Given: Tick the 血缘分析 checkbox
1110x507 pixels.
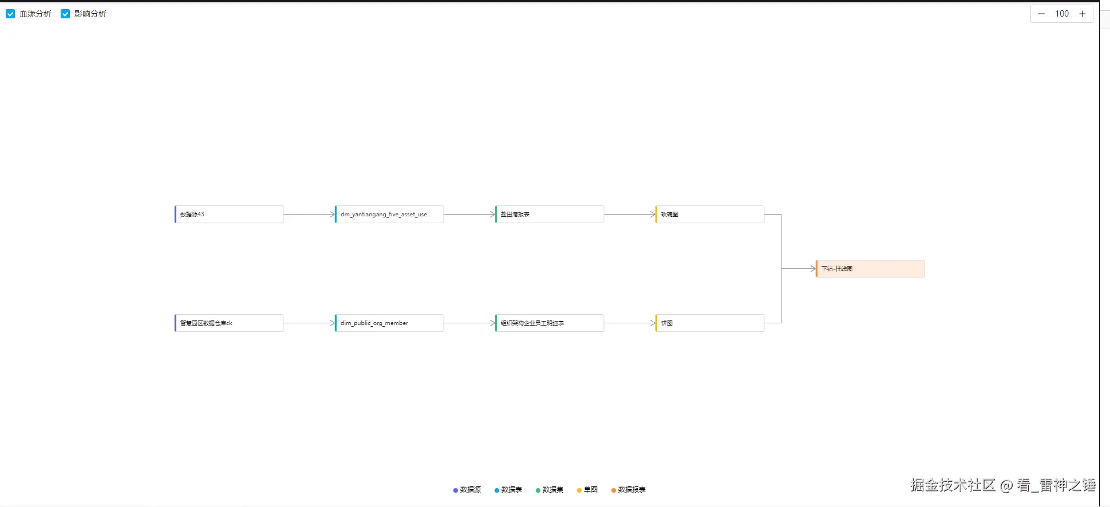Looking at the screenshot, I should tap(10, 14).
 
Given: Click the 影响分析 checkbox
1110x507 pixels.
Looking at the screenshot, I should tap(65, 14).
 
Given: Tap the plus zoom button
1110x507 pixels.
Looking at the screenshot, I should tap(1083, 14).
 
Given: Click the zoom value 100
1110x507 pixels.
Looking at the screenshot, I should tap(1062, 14).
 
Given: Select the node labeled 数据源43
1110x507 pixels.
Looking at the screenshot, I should tap(229, 215).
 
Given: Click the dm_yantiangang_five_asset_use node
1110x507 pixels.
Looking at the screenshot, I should tap(389, 215).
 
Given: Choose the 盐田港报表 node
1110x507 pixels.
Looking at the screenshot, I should tap(550, 215).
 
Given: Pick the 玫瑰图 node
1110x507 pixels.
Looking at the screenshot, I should tap(710, 215).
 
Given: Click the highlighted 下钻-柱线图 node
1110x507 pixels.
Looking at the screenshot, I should tap(870, 269).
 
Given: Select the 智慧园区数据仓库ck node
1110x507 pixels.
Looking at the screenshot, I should tap(229, 323).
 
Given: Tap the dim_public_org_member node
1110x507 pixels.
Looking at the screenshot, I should tap(389, 323).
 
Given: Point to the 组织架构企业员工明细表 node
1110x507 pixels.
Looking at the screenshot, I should tap(550, 323).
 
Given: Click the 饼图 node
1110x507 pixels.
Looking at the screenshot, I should tap(710, 323).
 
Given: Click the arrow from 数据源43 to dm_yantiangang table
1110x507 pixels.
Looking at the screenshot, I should tap(309, 215).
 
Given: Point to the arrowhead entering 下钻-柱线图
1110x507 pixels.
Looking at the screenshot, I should tap(813, 269).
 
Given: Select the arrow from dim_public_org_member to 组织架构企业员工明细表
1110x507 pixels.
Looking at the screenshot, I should tap(469, 323).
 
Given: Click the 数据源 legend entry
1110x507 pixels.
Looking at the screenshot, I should tap(468, 490).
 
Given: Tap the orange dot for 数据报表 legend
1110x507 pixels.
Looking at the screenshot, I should tap(614, 490).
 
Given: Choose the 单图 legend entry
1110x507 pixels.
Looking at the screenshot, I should tap(588, 490).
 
